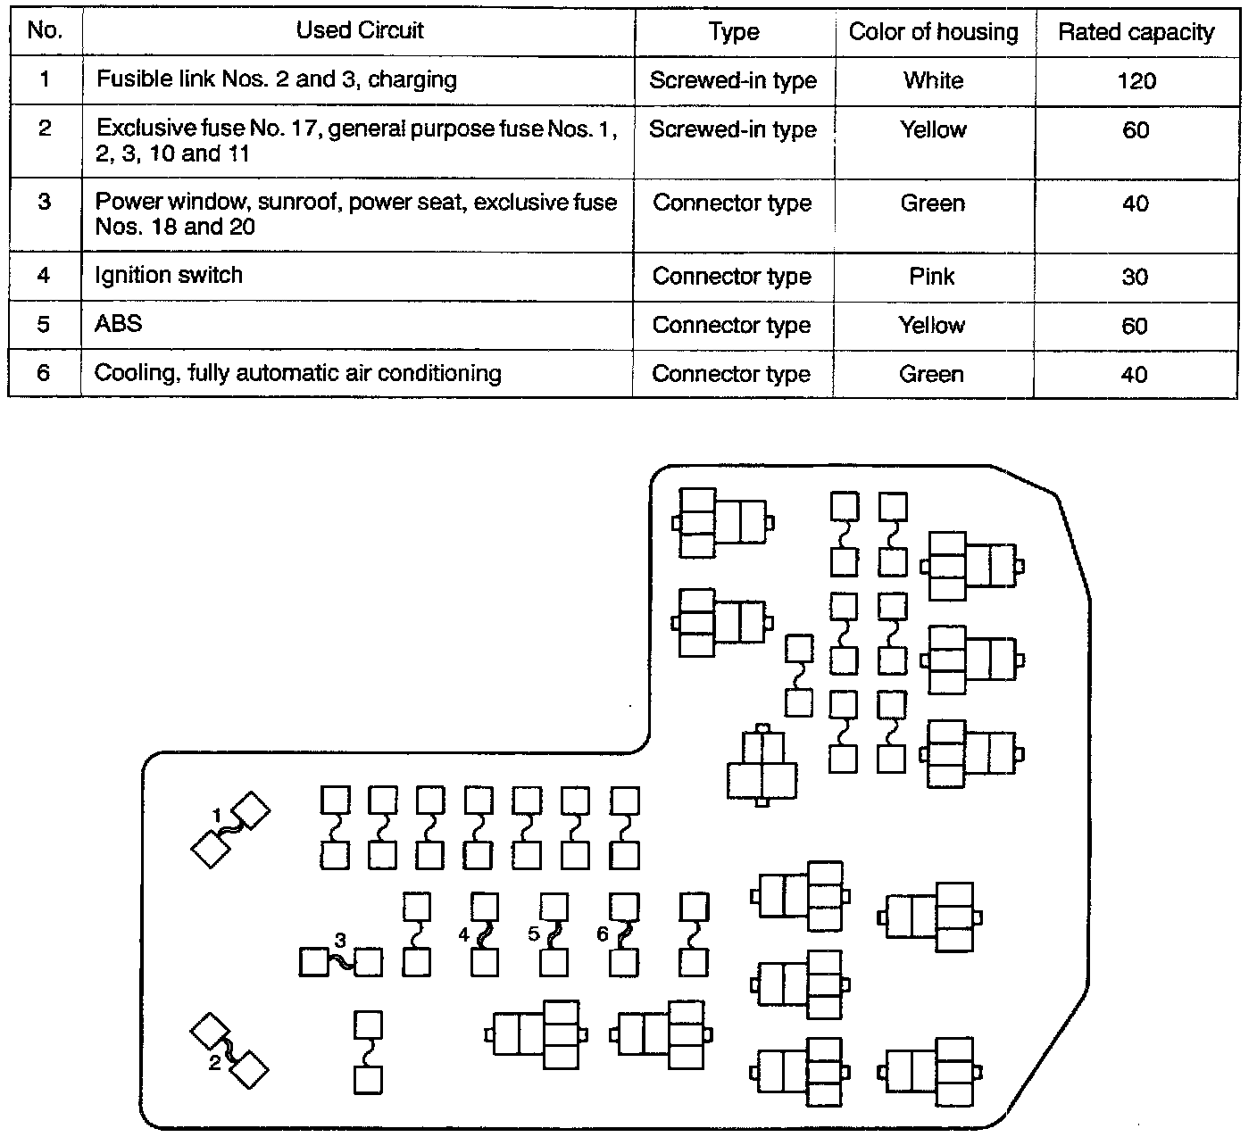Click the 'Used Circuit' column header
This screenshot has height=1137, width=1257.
point(360,31)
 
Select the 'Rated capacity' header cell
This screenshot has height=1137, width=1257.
point(1136,33)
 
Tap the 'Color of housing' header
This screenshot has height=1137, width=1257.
point(933,33)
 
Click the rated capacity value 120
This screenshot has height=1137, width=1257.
point(1136,81)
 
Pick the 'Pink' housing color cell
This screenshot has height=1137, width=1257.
point(932,277)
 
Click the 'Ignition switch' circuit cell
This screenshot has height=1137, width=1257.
point(169,275)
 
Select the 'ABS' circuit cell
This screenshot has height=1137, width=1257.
point(119,324)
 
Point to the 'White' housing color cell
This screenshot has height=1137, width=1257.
point(933,81)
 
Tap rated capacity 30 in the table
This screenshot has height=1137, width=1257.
point(1135,277)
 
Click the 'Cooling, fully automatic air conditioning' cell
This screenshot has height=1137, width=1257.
point(298,373)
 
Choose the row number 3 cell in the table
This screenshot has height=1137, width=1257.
point(45,202)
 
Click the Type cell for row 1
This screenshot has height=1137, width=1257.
point(733,81)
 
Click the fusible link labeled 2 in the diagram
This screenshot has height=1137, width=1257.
point(229,1050)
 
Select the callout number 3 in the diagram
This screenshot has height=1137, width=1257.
point(340,940)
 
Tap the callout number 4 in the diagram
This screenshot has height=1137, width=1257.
point(463,934)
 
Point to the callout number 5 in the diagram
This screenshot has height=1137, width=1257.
point(534,934)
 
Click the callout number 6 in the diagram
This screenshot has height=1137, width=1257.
point(603,934)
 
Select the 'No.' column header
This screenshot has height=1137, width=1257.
point(45,31)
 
